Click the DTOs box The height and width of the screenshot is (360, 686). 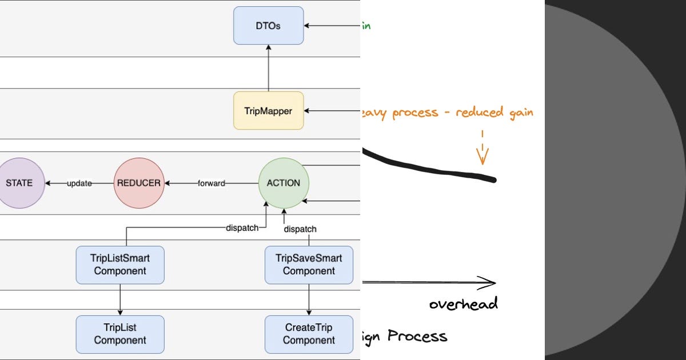point(268,26)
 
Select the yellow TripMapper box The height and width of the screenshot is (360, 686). point(268,111)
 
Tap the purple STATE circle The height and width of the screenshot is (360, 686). point(19,183)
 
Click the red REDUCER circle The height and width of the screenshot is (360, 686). point(139,183)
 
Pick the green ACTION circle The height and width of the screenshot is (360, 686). point(284,183)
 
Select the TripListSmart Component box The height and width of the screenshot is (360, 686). point(120,265)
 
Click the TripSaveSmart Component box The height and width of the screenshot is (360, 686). point(309,265)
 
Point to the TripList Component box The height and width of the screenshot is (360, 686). point(120,334)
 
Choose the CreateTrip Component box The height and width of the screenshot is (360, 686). point(309,334)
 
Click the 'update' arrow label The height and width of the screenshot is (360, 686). point(79,183)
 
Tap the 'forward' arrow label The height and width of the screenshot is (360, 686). point(211,183)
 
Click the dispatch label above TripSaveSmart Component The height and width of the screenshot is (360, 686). point(300,229)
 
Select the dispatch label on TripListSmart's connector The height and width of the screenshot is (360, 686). point(242,227)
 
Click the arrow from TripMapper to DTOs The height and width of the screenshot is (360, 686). point(268,68)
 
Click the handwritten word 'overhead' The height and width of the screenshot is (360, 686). point(463,303)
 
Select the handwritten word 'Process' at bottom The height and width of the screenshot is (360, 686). point(417,335)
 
